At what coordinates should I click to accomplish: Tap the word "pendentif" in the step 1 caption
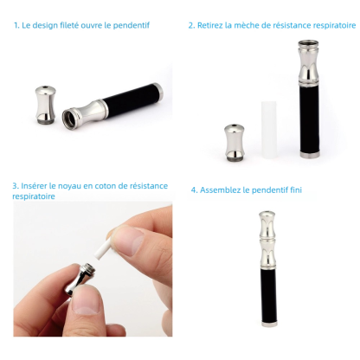click(x=130, y=25)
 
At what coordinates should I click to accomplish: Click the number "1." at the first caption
click(x=16, y=25)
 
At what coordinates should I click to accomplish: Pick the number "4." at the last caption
click(x=194, y=190)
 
